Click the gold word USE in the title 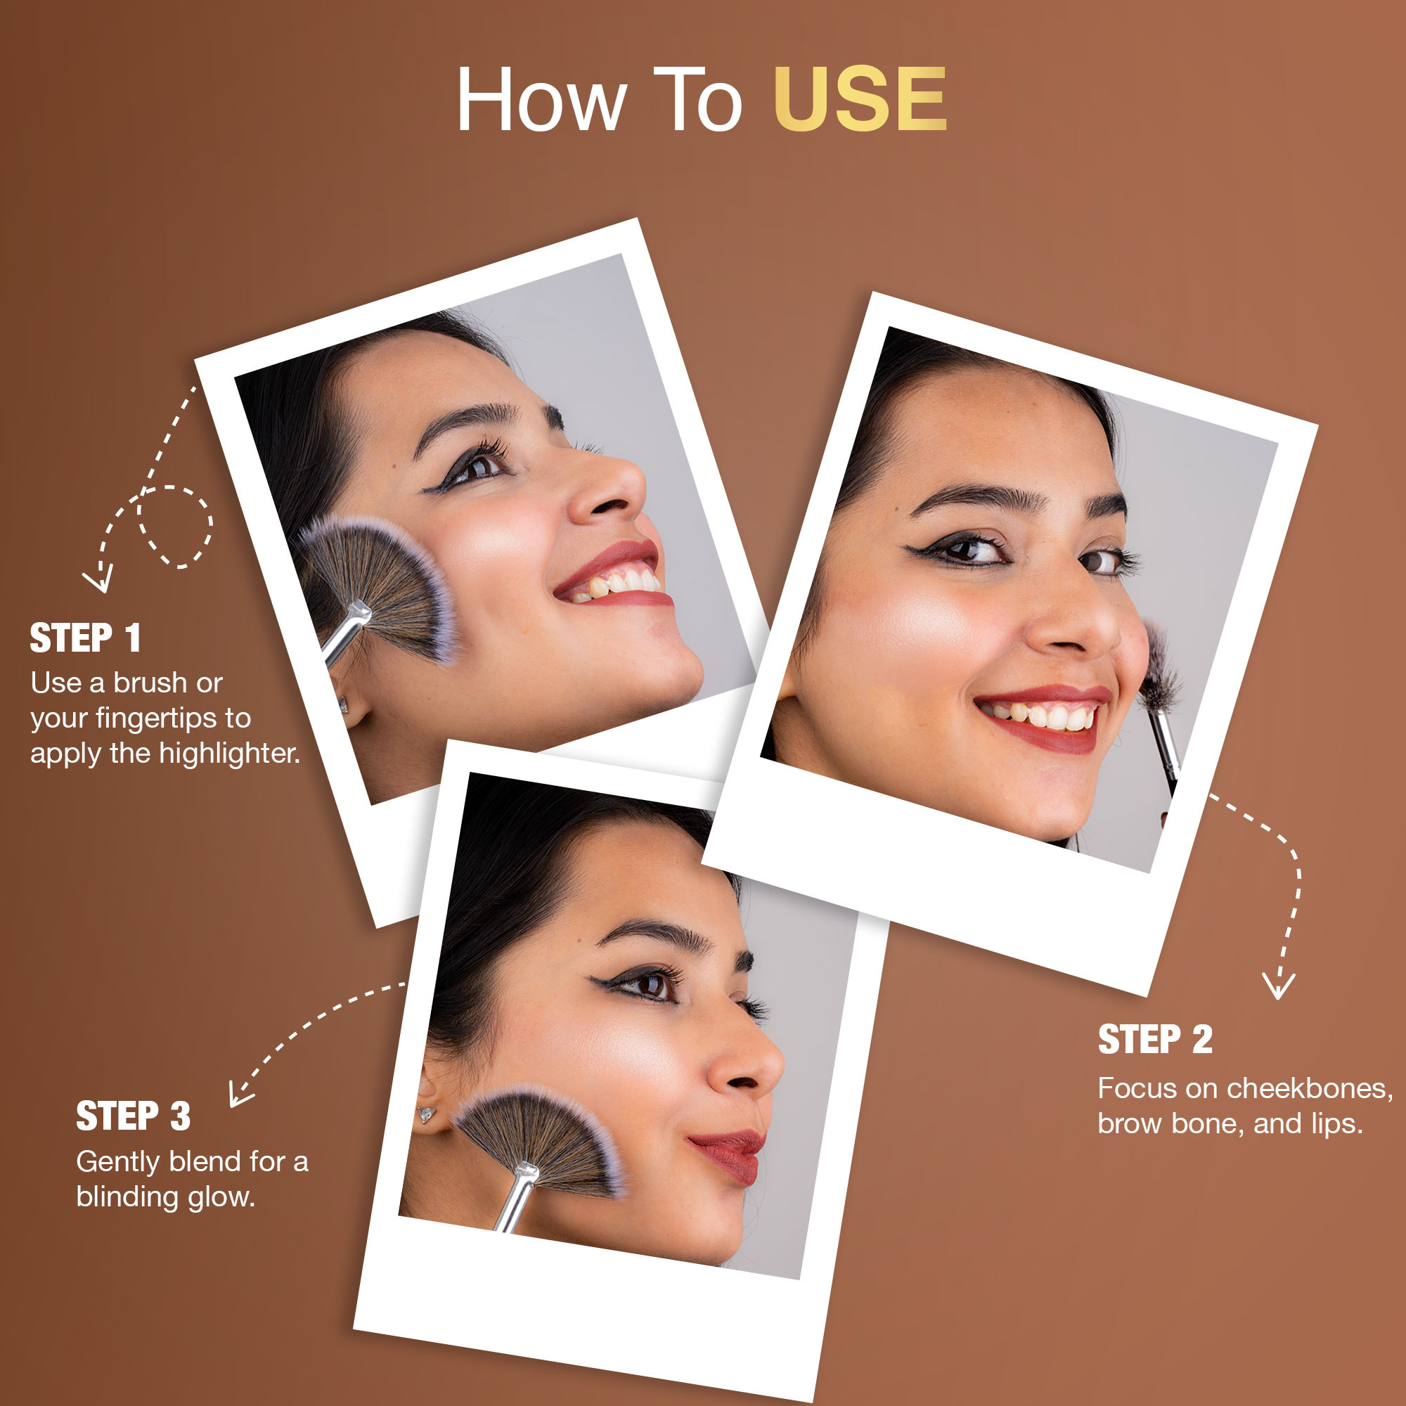860,100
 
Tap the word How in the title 541,100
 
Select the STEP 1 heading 85,638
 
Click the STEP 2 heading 1156,1039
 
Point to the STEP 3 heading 133,1116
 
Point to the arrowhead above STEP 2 1279,986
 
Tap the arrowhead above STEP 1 98,581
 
